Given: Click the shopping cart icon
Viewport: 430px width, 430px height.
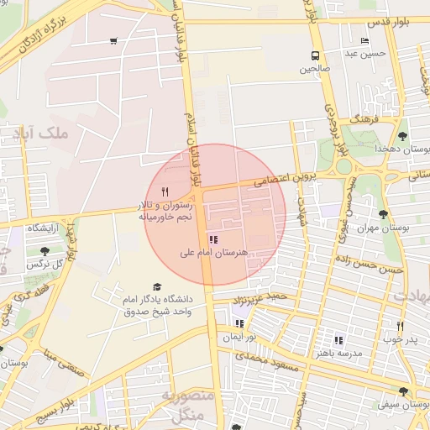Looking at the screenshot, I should pyautogui.click(x=113, y=40).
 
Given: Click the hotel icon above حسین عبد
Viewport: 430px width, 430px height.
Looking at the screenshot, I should pyautogui.click(x=364, y=40).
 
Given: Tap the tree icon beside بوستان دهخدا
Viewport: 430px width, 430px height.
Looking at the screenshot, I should pyautogui.click(x=403, y=135).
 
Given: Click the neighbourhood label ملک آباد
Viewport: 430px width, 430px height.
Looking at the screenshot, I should pyautogui.click(x=40, y=133).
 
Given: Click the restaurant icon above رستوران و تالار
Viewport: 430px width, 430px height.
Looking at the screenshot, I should pyautogui.click(x=165, y=191).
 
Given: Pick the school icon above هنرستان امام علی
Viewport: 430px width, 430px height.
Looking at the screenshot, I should pyautogui.click(x=223, y=239).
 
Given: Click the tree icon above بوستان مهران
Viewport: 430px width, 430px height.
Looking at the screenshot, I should pyautogui.click(x=383, y=215).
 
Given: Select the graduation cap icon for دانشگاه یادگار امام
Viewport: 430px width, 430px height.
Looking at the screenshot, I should pyautogui.click(x=156, y=287).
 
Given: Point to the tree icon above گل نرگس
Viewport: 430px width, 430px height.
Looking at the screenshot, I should pyautogui.click(x=45, y=250).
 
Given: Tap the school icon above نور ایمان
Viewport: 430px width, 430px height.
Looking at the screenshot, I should pyautogui.click(x=239, y=323).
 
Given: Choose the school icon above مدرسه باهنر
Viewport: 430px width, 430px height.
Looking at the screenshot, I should pyautogui.click(x=338, y=340).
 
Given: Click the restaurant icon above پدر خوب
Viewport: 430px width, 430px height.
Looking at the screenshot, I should pyautogui.click(x=400, y=327).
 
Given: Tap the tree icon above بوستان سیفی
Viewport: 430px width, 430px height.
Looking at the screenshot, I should pyautogui.click(x=405, y=391).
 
